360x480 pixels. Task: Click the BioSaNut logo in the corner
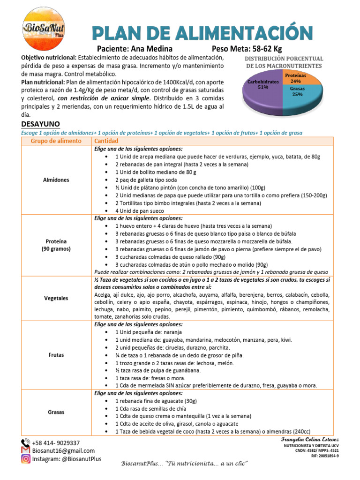tap(45, 29)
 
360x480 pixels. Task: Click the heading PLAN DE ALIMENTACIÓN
tap(202, 33)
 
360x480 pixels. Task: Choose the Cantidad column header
tap(106, 141)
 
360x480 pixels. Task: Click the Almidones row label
tap(56, 180)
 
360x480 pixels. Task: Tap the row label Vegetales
tap(56, 298)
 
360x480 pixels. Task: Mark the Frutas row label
tap(56, 355)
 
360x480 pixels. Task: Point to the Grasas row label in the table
tap(56, 412)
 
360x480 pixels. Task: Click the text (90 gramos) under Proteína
tap(56, 249)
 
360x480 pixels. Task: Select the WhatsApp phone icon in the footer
tap(25, 443)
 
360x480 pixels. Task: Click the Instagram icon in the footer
tap(25, 459)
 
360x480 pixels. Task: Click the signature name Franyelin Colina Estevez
tap(310, 439)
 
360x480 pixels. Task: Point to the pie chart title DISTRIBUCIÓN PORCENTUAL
tap(284, 59)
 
